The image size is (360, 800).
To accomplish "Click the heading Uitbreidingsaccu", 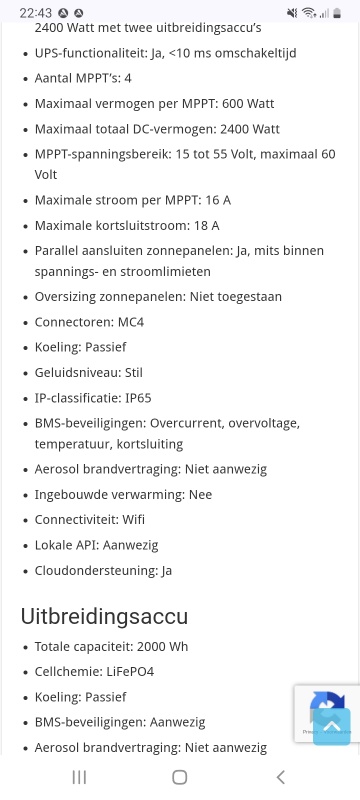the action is coord(104,616).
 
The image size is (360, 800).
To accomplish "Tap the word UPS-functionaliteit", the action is coord(85,52).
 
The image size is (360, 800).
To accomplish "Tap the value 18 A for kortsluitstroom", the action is coord(201,225).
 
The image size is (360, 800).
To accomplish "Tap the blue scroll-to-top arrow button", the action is coord(332,726).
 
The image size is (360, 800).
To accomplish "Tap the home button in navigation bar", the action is coord(180,777).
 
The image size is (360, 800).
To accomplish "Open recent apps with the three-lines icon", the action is coord(80,777).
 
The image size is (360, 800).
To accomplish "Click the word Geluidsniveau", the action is coord(76,372).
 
